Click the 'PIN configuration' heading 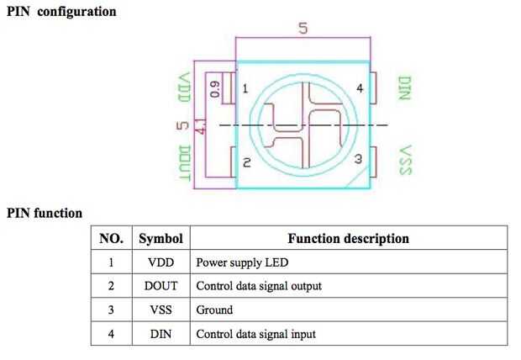pos(61,12)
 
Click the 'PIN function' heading pos(45,213)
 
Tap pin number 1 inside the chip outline pos(245,88)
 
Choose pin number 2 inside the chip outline pos(246,162)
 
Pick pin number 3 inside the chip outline pos(357,158)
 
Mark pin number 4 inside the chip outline pos(360,88)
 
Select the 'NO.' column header pos(111,238)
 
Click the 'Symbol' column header pos(161,238)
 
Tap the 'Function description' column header pos(348,238)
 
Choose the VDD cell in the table pos(161,262)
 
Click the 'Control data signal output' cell pos(259,286)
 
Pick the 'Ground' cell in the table pos(214,310)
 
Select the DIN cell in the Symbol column pos(161,334)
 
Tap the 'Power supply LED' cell pos(242,262)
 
